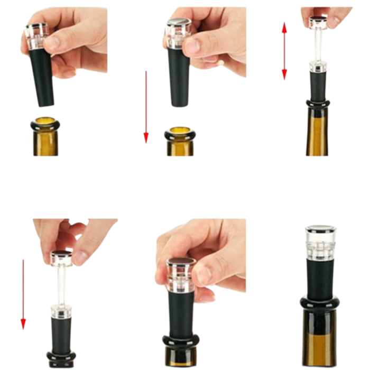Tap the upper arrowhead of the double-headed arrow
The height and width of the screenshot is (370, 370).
click(x=284, y=27)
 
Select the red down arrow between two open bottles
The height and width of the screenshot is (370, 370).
click(x=146, y=106)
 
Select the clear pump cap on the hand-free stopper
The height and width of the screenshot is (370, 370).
click(x=320, y=243)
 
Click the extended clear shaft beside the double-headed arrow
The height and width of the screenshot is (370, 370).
click(x=318, y=45)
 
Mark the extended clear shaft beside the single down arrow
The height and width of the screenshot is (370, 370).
click(x=61, y=285)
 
